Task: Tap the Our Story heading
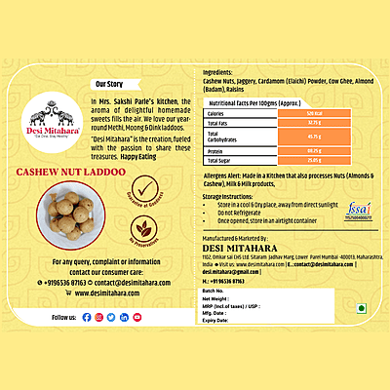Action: (109, 85)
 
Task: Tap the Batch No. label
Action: (214, 291)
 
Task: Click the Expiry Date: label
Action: (216, 320)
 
